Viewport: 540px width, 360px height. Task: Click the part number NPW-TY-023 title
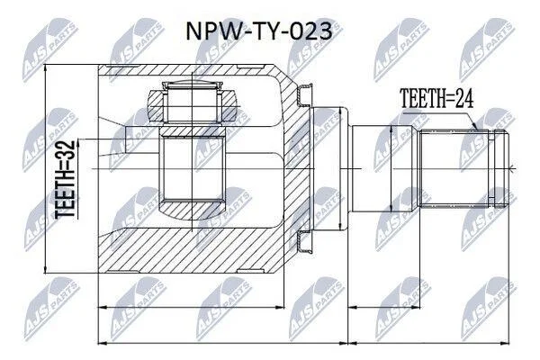click(259, 31)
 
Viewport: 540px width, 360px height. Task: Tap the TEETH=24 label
click(436, 98)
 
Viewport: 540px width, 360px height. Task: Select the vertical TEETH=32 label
click(65, 179)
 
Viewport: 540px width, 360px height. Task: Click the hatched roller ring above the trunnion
click(193, 105)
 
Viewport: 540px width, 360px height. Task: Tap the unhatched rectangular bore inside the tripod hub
click(192, 169)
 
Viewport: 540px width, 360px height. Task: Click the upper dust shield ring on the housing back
click(305, 94)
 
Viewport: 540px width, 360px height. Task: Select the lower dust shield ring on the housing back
click(305, 242)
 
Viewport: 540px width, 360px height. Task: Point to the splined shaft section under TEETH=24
click(454, 169)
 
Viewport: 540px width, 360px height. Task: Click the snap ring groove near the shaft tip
click(491, 169)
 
